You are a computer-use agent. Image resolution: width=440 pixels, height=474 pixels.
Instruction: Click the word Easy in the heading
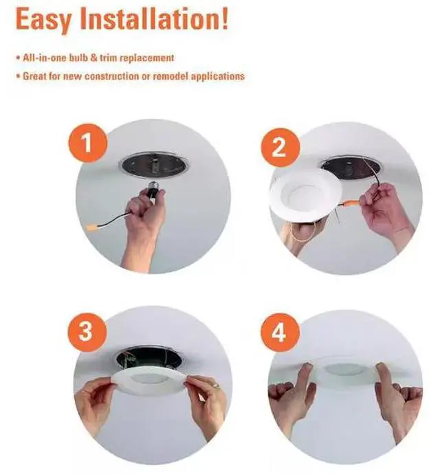click(44, 20)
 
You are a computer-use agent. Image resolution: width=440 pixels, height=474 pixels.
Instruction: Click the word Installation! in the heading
click(154, 19)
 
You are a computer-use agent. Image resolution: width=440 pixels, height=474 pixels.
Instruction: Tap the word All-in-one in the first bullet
click(45, 58)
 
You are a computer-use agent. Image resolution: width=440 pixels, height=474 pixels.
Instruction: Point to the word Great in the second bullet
click(34, 76)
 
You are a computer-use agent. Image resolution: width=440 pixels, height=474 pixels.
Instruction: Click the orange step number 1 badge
click(87, 143)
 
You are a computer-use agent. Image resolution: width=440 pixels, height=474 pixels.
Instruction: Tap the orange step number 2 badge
click(280, 147)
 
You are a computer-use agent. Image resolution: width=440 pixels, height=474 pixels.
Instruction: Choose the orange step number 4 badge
click(280, 332)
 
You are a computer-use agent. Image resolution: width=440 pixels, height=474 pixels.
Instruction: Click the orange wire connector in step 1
click(93, 227)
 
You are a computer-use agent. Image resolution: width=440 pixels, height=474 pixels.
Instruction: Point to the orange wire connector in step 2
click(352, 201)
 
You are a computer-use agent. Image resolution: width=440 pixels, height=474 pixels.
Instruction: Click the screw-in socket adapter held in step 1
click(155, 189)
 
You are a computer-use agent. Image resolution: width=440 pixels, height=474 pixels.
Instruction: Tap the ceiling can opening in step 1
click(154, 166)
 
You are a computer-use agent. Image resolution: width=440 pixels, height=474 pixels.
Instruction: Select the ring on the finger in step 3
click(217, 385)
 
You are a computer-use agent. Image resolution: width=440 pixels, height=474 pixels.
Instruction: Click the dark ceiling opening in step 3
click(149, 358)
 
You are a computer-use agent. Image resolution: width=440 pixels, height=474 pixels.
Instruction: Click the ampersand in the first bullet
click(93, 58)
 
